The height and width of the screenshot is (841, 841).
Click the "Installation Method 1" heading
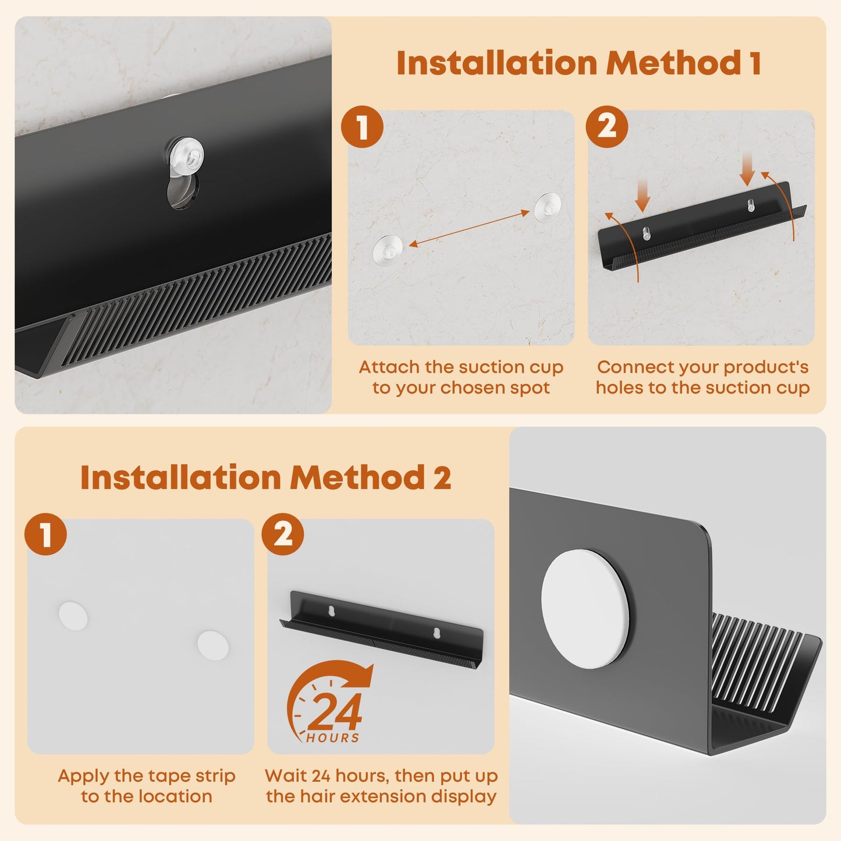pos(579,63)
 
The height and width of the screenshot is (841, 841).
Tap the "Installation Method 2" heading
pos(266,477)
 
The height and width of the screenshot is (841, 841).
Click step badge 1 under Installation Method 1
pos(362,126)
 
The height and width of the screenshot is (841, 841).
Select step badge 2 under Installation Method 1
pos(606,126)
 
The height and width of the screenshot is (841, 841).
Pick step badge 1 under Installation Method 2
pos(46,534)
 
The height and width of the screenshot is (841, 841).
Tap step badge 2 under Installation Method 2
pos(283,534)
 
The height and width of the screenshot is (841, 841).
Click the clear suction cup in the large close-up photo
pos(187,154)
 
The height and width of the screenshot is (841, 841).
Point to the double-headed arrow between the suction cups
pos(469,228)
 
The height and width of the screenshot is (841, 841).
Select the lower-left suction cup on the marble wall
pos(388,249)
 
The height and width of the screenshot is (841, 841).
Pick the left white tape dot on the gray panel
pos(73,615)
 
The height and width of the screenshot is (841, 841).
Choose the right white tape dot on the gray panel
pos(212,645)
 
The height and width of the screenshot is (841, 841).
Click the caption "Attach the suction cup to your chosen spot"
pos(461,378)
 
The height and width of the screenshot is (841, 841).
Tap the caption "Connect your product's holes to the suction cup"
pos(702,378)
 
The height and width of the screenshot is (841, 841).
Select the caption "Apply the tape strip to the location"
pos(147,786)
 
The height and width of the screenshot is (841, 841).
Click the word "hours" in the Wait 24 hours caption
pos(362,776)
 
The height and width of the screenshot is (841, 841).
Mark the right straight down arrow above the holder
pos(747,168)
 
